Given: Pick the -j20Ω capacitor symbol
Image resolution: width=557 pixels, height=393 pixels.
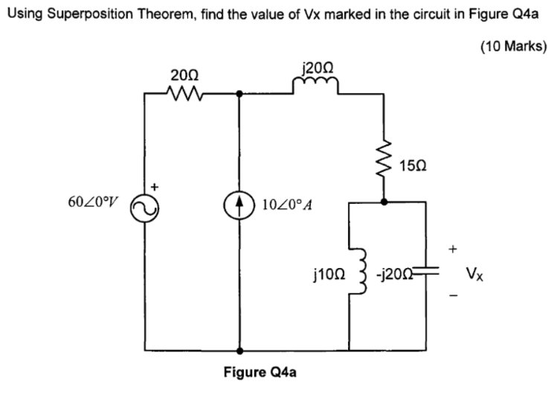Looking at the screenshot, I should [x=427, y=274].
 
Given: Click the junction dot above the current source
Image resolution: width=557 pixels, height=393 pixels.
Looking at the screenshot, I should [x=239, y=95].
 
